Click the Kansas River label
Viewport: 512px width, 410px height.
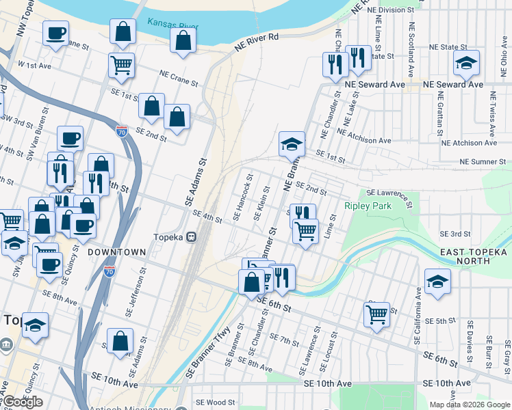click(x=172, y=25)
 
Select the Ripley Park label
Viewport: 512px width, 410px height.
click(x=368, y=206)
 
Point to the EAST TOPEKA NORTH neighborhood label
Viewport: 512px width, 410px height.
click(x=475, y=258)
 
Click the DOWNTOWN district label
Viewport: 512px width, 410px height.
click(x=117, y=252)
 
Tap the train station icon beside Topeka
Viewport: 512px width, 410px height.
click(x=192, y=236)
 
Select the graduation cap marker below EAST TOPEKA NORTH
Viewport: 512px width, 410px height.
click(x=437, y=281)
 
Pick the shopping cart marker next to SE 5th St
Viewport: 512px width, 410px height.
click(x=376, y=314)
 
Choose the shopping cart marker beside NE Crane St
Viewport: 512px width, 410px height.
click(x=121, y=65)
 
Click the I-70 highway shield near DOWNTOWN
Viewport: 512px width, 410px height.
click(x=110, y=271)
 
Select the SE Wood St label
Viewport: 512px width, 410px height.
click(x=215, y=403)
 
